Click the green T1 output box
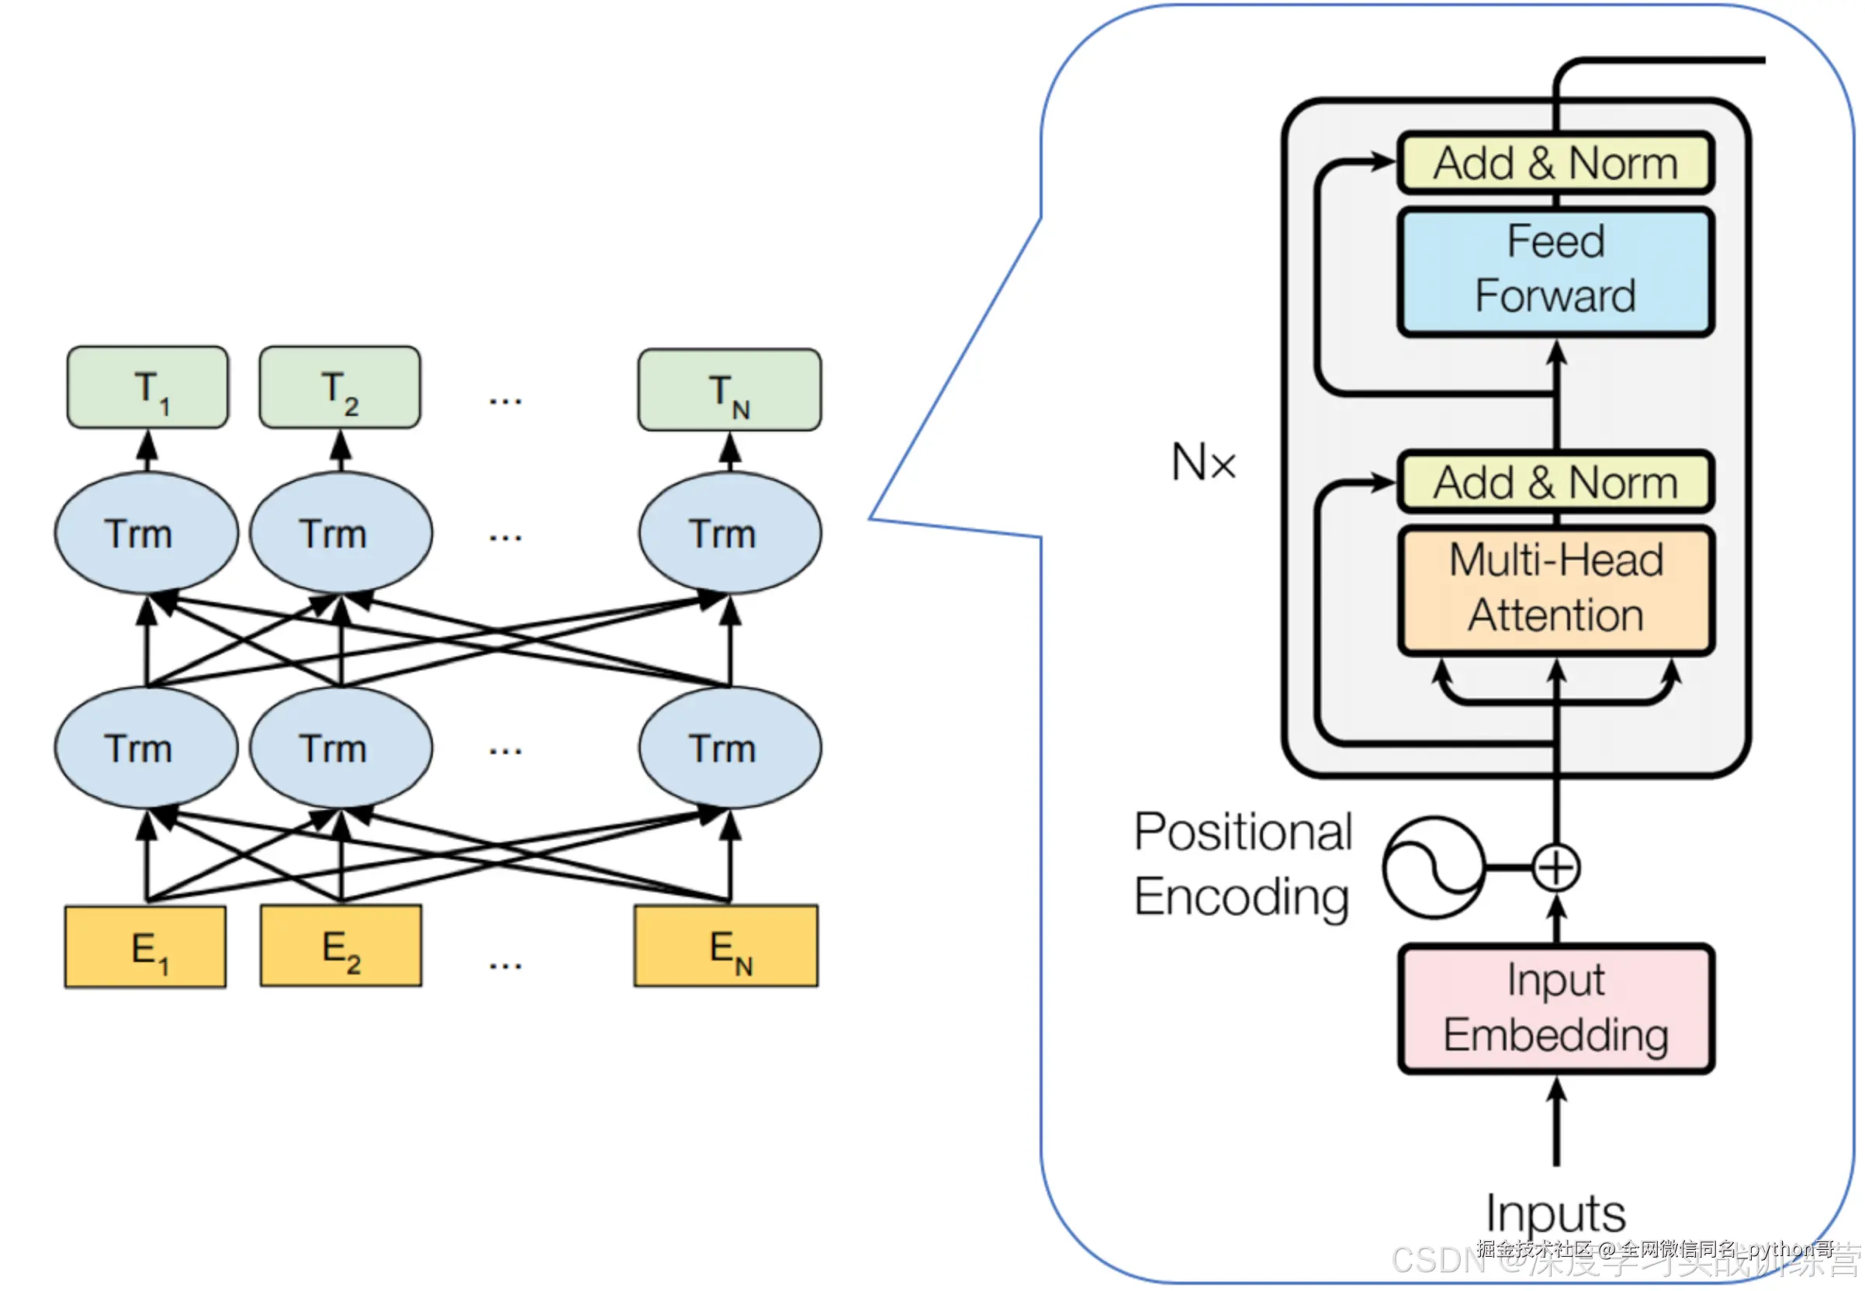148,387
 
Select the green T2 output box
340,387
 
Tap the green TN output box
729,390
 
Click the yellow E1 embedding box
146,947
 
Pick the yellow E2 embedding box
341,946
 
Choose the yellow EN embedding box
726,946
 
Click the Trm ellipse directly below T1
147,533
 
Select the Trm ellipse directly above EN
729,747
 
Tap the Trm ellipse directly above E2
341,747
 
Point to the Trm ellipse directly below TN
729,533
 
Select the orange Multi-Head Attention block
1555,590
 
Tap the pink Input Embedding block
1555,1008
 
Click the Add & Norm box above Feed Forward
1555,164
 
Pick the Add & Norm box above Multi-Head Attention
1555,482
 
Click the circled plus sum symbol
1555,868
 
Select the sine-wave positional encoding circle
1433,867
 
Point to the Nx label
1203,462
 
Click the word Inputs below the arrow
1555,1213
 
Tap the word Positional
1242,832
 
